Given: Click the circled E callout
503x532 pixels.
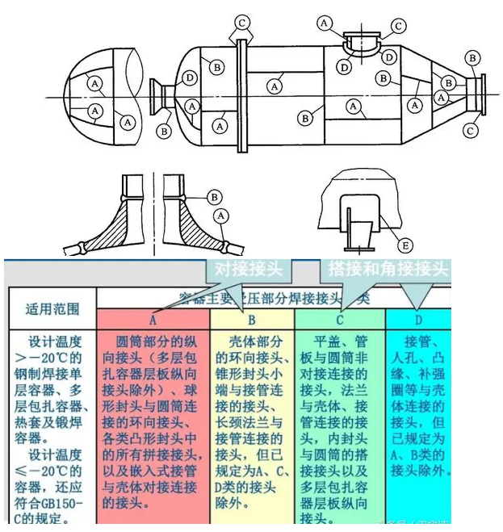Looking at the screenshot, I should (405, 243).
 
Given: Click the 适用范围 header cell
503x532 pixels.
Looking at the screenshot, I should (52, 308).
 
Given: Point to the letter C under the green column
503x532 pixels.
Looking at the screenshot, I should (340, 320).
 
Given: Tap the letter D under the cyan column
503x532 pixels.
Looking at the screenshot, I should (418, 320).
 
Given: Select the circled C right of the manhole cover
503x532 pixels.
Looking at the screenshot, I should (398, 27).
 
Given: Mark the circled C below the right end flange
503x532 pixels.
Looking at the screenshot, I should (470, 128).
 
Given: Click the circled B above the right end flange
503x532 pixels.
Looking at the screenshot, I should (472, 57).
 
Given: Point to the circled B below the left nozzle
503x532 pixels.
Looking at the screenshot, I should (165, 129).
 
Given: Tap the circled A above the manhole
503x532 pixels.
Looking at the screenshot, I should (325, 23).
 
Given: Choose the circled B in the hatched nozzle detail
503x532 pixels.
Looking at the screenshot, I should (215, 196).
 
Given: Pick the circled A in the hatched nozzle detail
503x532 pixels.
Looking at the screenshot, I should (221, 216).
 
